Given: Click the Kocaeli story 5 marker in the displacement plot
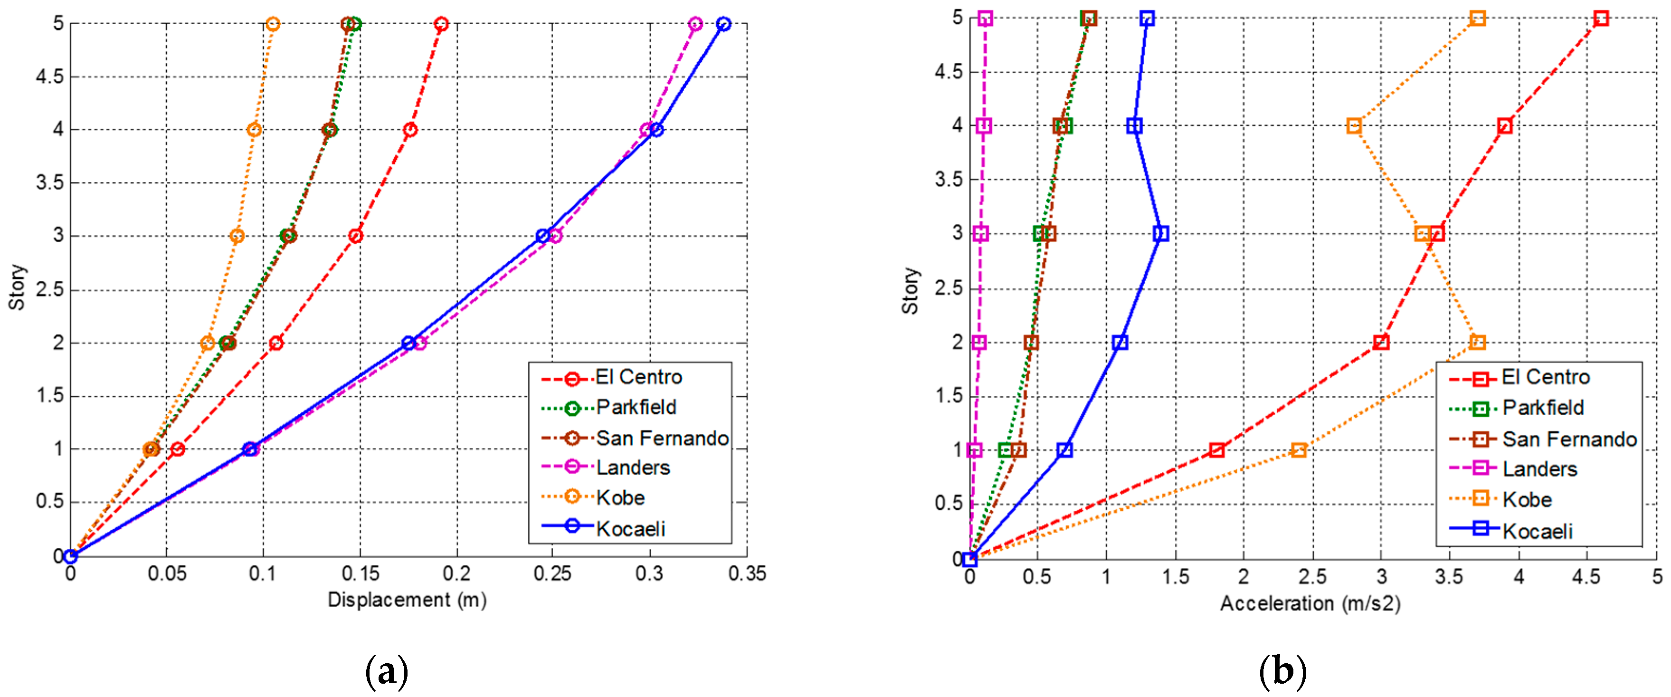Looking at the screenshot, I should tap(724, 24).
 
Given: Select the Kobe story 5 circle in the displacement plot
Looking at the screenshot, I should tap(273, 24).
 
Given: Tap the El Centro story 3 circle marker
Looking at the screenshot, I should tap(355, 236).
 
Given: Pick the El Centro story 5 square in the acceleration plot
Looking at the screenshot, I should tap(1601, 18).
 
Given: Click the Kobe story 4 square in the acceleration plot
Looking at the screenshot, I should tap(1354, 126).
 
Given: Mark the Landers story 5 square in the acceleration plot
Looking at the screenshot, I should tap(985, 18).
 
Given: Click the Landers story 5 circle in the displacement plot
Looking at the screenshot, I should tap(695, 24).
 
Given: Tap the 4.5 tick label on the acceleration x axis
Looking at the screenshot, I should tap(1586, 576).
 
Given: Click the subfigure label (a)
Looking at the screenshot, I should tap(387, 672).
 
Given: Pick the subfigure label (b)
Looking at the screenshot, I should tap(1282, 672).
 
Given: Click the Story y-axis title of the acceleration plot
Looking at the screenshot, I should tap(910, 291).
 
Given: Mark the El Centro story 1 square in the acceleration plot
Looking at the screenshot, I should tap(1217, 450).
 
